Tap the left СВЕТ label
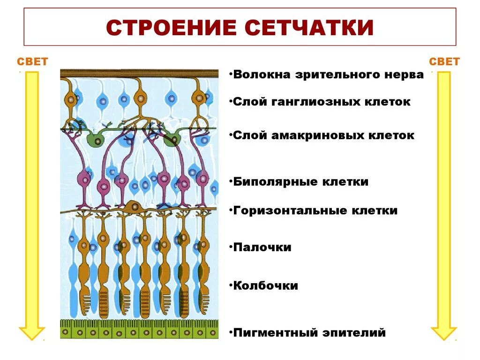pos(32,62)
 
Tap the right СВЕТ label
pos(444,62)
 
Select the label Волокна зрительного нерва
pos(328,75)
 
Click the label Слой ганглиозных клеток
pos(322,102)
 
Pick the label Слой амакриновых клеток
pos(323,135)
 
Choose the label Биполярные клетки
pos(300,182)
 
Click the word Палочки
pos(262,247)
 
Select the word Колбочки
pos(265,285)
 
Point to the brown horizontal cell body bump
pos(134,206)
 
